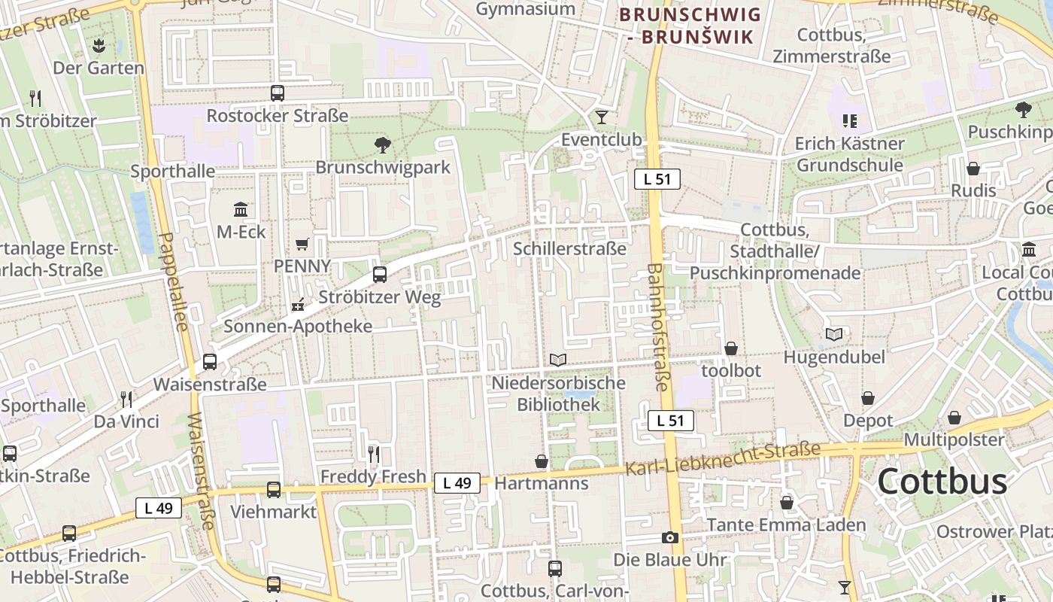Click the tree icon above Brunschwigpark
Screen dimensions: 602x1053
(382, 144)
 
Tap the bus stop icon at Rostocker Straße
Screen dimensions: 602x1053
(278, 93)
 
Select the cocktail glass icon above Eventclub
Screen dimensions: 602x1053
(601, 117)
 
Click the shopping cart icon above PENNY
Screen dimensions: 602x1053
(302, 244)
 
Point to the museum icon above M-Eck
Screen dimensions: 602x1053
(241, 209)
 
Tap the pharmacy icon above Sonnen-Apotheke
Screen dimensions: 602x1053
(298, 305)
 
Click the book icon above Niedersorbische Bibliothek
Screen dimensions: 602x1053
(557, 360)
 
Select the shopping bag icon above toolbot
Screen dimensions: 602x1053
(730, 348)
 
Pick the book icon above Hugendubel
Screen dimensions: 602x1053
(834, 334)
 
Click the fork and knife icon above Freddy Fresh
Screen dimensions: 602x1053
(373, 454)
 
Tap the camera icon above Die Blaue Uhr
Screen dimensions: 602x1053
(669, 537)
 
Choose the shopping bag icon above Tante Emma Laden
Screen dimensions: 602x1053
(787, 502)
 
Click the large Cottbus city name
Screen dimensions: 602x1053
(942, 482)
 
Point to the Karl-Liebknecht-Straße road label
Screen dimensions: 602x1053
(723, 459)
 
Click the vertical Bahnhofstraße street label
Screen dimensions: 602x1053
(657, 327)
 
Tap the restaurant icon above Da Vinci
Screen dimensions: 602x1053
(126, 399)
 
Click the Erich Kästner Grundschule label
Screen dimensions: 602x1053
(850, 154)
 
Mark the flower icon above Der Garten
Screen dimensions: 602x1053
(99, 45)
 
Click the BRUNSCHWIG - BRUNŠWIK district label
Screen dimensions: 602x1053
(690, 25)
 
